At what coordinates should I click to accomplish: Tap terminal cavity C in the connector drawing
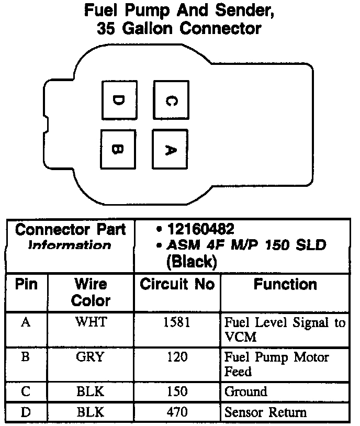pyautogui.click(x=170, y=100)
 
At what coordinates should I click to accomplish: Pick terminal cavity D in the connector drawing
pyautogui.click(x=119, y=99)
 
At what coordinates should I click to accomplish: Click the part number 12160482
pyautogui.click(x=201, y=229)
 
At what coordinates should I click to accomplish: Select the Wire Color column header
pyautogui.click(x=91, y=292)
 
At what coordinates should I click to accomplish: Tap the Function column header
pyautogui.click(x=285, y=284)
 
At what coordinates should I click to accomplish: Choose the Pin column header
pyautogui.click(x=26, y=284)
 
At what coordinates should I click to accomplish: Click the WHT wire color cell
pyautogui.click(x=91, y=322)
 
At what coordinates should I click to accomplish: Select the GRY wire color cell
pyautogui.click(x=91, y=357)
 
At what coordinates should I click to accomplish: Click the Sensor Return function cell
pyautogui.click(x=265, y=412)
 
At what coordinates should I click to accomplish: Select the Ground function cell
pyautogui.click(x=245, y=391)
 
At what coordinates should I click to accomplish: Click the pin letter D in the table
pyautogui.click(x=26, y=412)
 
